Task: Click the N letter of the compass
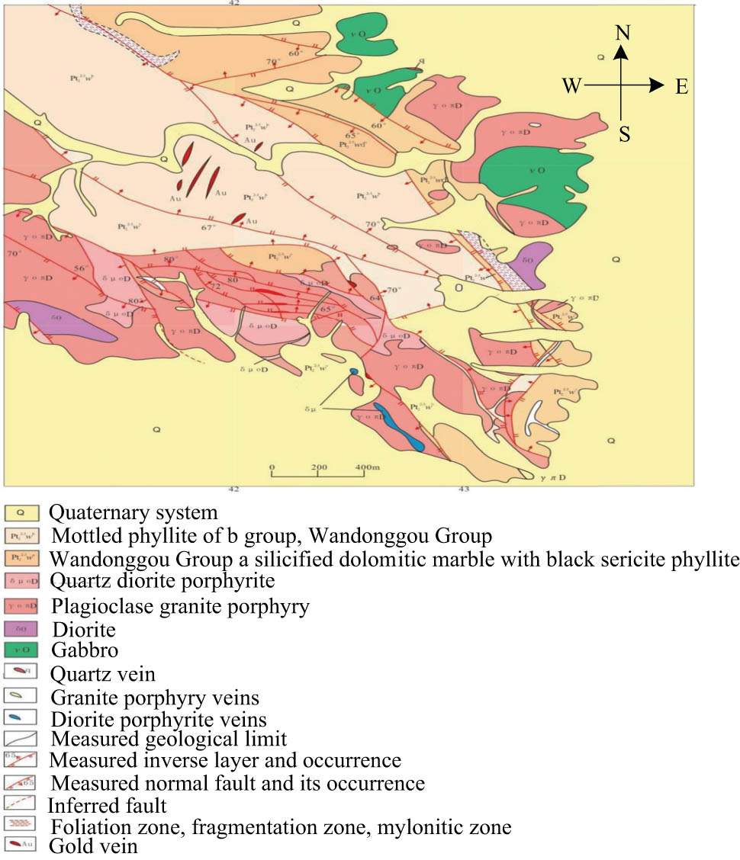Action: (623, 33)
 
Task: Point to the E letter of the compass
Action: (681, 87)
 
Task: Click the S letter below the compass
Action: (624, 135)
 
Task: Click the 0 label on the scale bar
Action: (272, 467)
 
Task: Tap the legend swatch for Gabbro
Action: (21, 650)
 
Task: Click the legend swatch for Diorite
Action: (21, 629)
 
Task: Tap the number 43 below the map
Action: (462, 489)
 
